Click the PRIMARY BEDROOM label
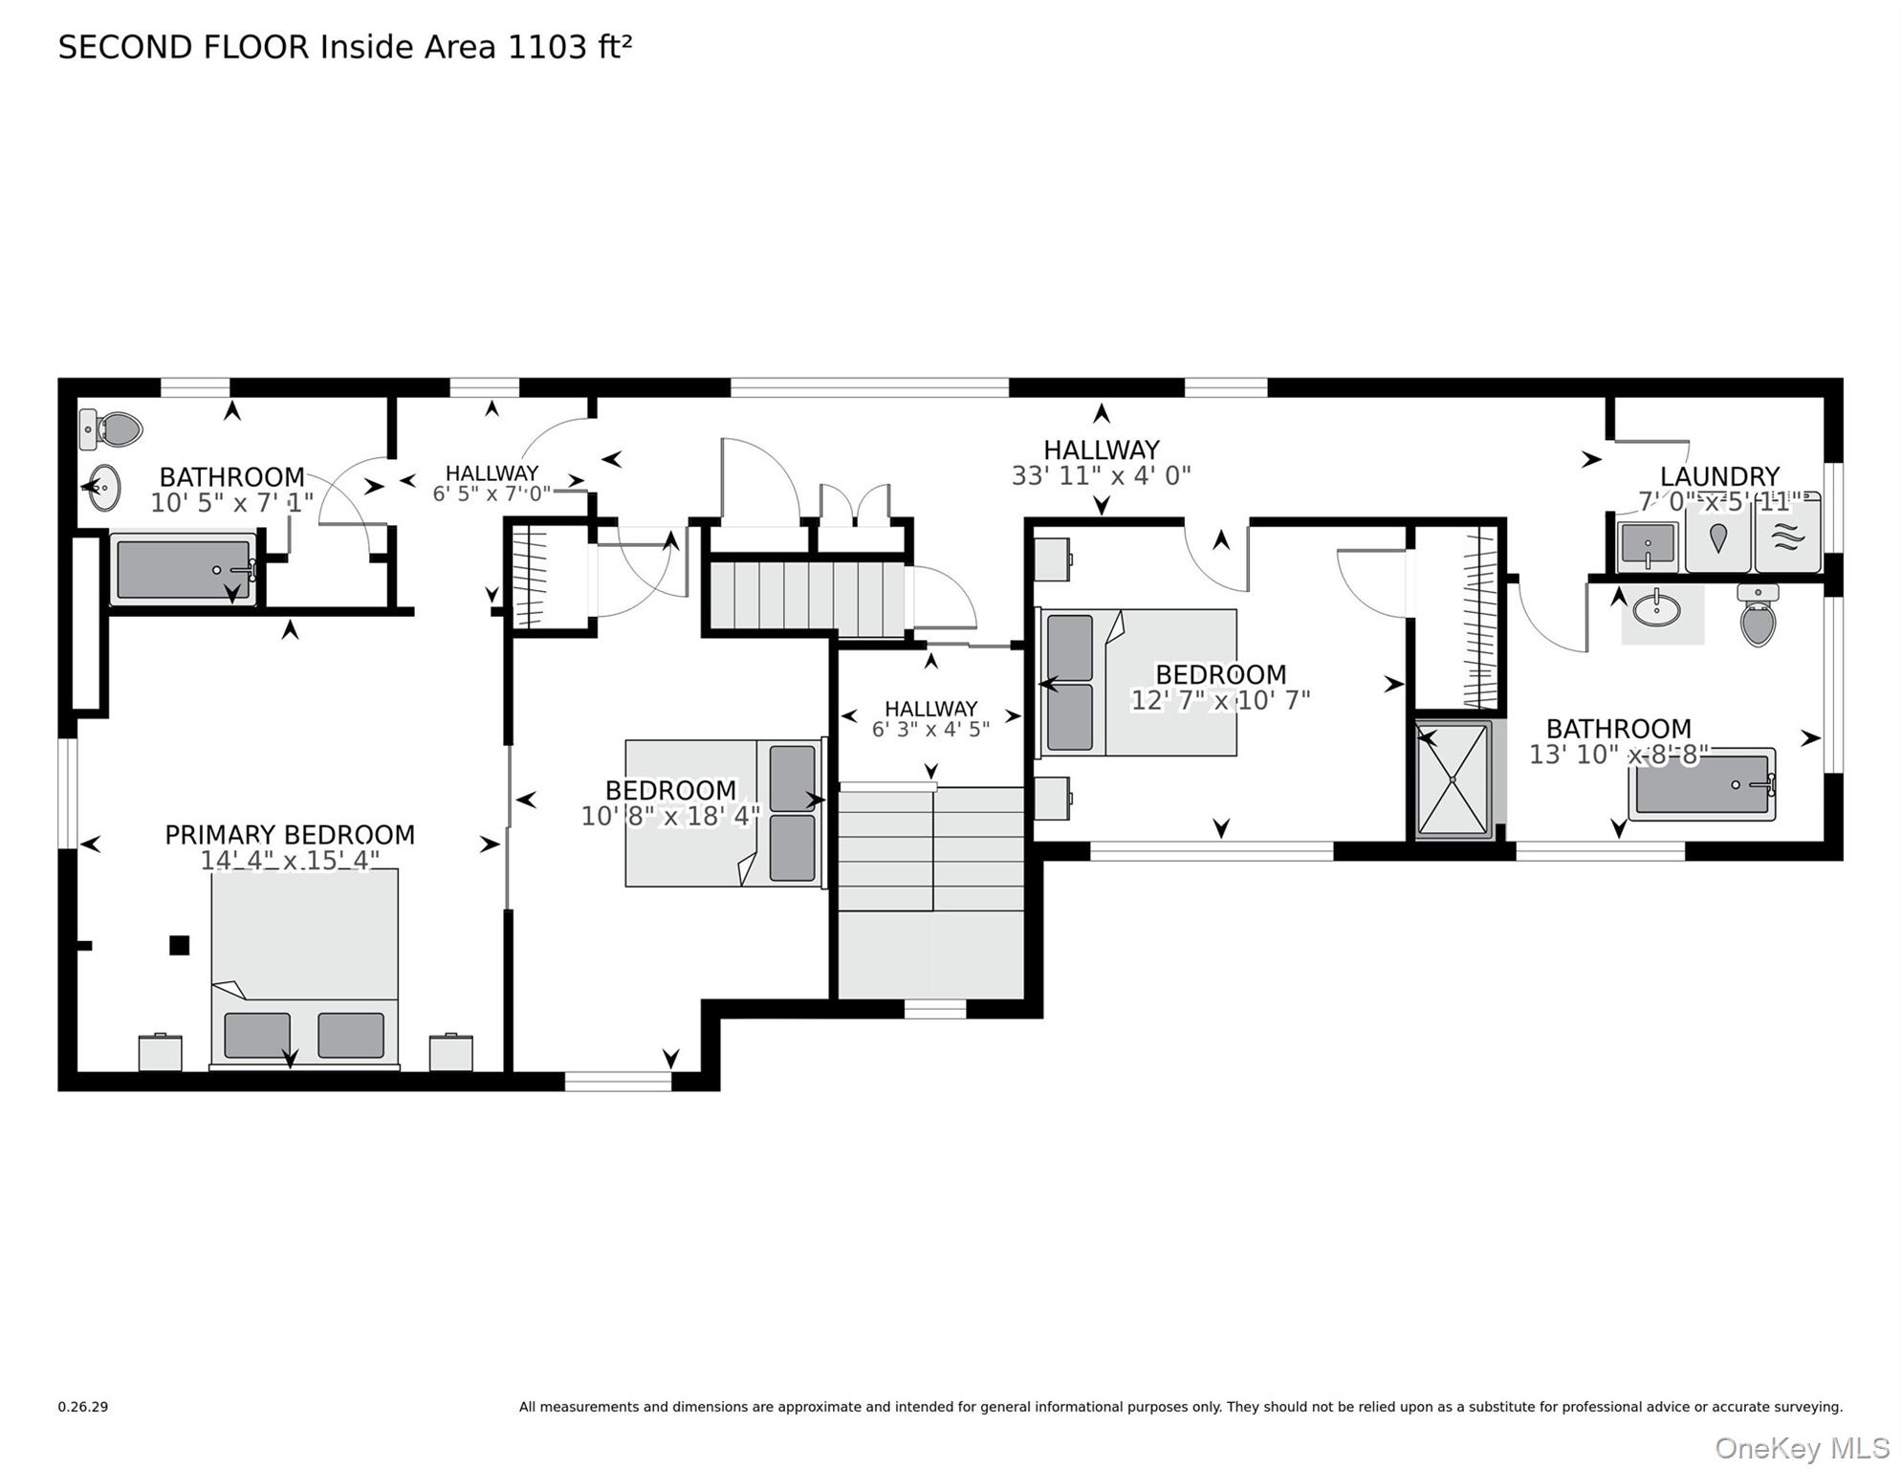click(x=290, y=835)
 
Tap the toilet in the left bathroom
click(x=113, y=429)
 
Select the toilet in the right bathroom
click(x=1759, y=617)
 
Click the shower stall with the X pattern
click(x=1453, y=779)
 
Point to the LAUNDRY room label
click(x=1719, y=476)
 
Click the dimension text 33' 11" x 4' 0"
click(x=1101, y=475)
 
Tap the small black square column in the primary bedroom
click(x=179, y=945)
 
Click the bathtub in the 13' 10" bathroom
click(x=1702, y=785)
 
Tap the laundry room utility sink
click(x=1648, y=545)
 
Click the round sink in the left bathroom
click(x=103, y=488)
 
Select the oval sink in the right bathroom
click(x=1657, y=608)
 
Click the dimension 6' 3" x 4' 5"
click(x=930, y=730)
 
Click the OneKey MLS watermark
click(x=1802, y=1448)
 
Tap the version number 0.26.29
click(x=83, y=1407)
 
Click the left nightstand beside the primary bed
click(x=161, y=1052)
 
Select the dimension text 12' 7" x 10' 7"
click(x=1220, y=700)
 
